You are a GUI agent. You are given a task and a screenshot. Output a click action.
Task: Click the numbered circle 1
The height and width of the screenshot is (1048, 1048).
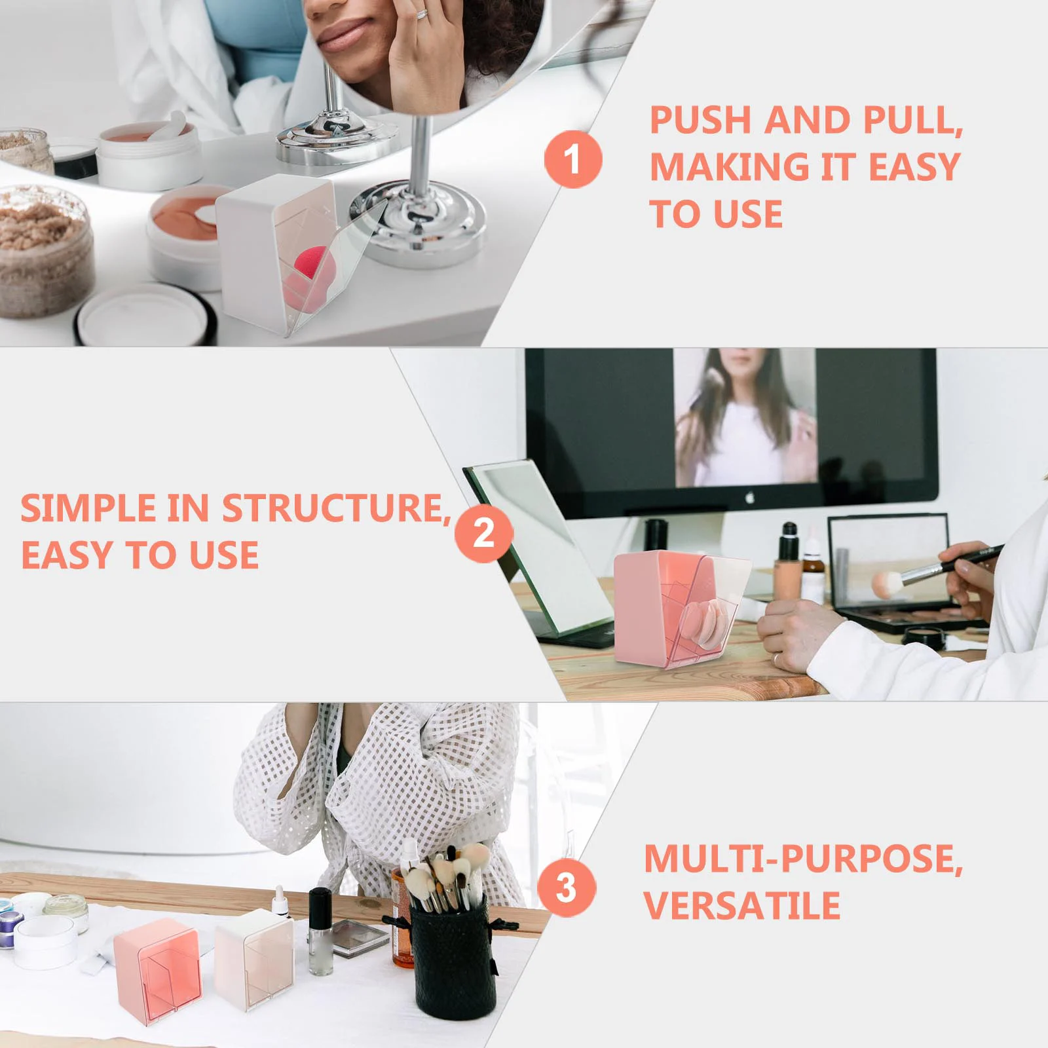pyautogui.click(x=573, y=159)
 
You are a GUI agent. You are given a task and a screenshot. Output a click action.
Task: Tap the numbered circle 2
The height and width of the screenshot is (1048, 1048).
pyautogui.click(x=483, y=533)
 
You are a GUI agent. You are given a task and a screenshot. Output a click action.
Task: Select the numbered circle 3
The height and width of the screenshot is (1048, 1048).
pyautogui.click(x=567, y=888)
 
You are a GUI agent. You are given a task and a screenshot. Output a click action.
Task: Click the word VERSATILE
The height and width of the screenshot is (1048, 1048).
pyautogui.click(x=742, y=905)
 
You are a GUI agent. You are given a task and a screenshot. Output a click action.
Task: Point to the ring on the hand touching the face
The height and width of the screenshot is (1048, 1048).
pyautogui.click(x=423, y=14)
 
